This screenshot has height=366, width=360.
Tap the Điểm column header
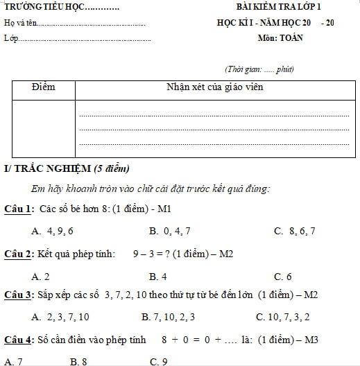43,87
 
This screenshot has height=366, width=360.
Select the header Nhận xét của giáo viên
214,87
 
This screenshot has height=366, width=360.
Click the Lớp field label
11,37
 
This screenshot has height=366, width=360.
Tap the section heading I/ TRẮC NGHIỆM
47,168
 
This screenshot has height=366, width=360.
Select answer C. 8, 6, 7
295,231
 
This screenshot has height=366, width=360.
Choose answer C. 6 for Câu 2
283,276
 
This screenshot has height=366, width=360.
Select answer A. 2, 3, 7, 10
60,317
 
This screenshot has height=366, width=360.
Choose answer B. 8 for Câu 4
78,361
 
